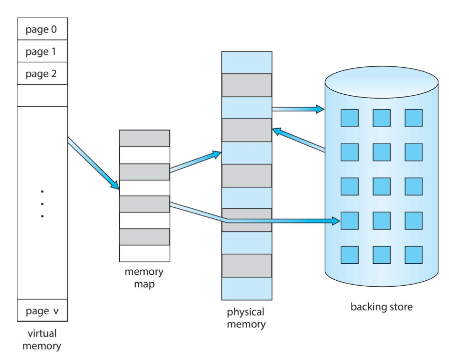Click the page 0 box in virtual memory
(42, 29)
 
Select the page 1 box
(42, 51)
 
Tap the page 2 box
(42, 74)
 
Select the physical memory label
(246, 318)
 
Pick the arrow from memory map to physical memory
(196, 162)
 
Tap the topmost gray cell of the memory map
(144, 138)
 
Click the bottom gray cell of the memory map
(144, 236)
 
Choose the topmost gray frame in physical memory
(246, 85)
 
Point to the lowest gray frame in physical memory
(246, 265)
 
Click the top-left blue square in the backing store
(350, 118)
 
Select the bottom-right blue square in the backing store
(414, 254)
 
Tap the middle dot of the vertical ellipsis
(42, 203)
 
